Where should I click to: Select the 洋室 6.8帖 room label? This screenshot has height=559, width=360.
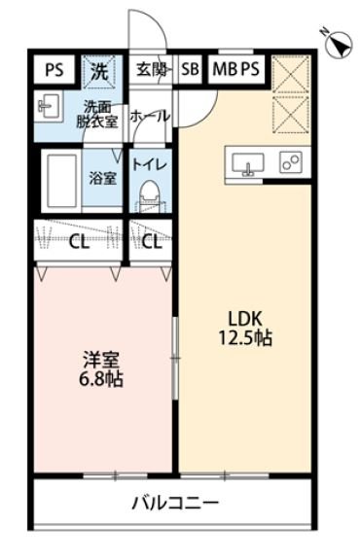tap(101, 369)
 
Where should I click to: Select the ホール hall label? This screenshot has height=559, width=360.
tap(150, 116)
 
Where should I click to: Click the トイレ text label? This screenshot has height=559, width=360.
tap(151, 164)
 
